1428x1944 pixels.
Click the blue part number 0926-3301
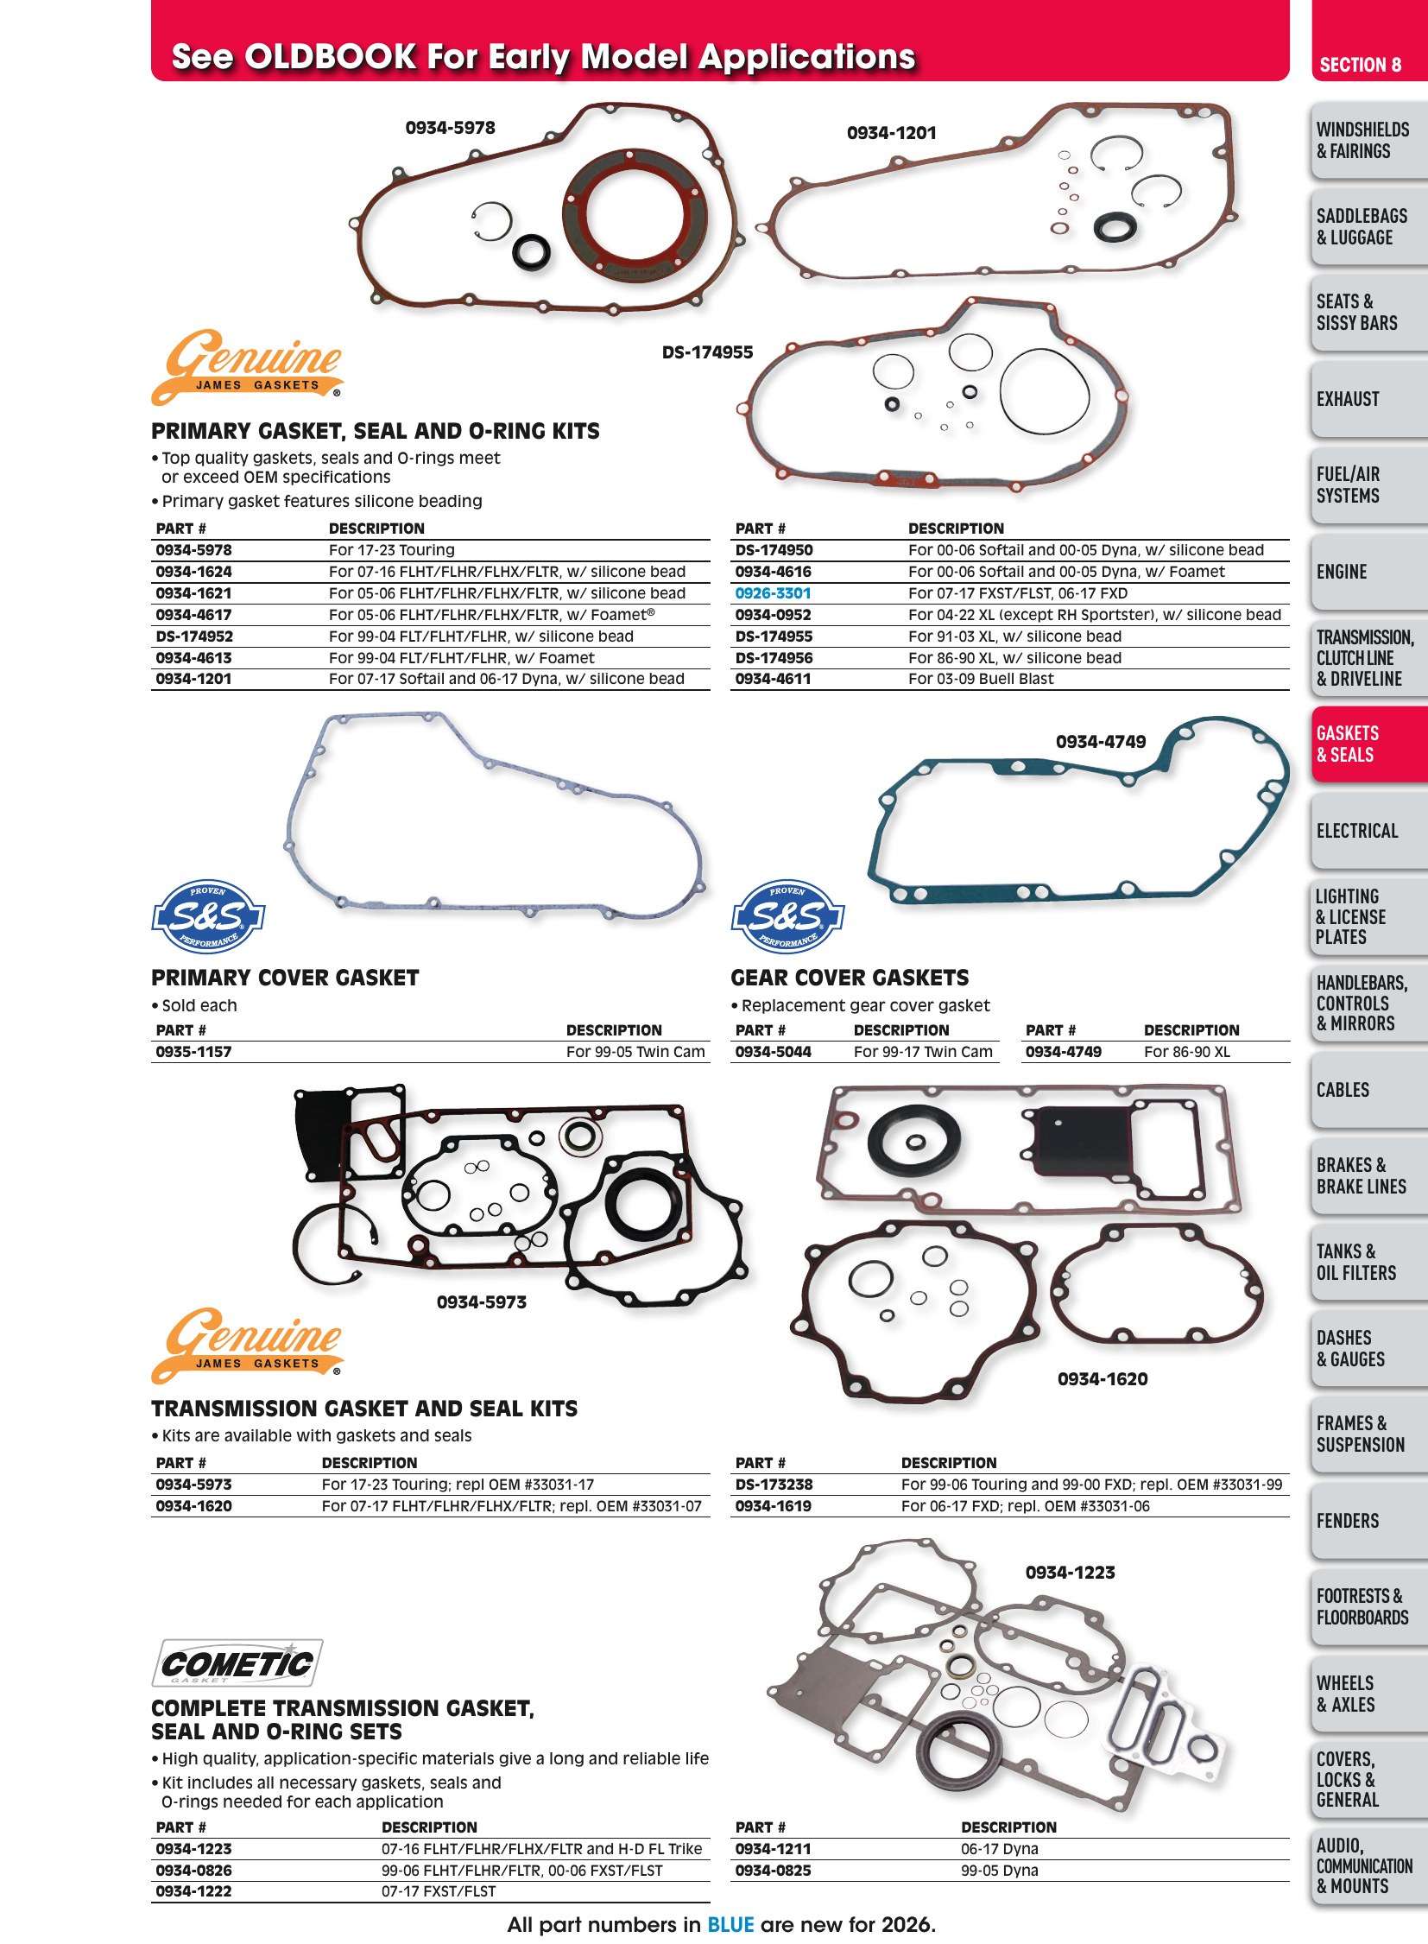tap(773, 593)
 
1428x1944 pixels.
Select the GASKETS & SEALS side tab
tap(1369, 744)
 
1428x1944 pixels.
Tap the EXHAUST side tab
tap(1369, 399)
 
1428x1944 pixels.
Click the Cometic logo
tap(237, 1662)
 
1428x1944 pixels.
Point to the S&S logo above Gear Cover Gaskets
tap(787, 916)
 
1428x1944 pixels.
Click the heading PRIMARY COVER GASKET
tap(285, 978)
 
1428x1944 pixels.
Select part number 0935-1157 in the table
tap(193, 1052)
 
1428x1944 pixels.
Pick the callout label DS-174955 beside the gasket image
tap(707, 352)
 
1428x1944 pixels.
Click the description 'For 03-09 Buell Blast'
tap(981, 679)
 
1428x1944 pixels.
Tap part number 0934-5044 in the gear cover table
tap(773, 1052)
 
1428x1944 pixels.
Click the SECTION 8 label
tap(1361, 65)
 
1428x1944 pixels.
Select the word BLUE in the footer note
tap(730, 1924)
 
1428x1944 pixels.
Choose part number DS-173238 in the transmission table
tap(774, 1484)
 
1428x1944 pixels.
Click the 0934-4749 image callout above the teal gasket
tap(1101, 741)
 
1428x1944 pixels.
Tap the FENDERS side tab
tap(1369, 1520)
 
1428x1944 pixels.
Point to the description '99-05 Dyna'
tap(999, 1870)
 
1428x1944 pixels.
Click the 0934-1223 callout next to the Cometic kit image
tap(1070, 1572)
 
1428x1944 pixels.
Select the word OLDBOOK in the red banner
tap(331, 57)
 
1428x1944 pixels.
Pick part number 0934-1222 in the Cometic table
tap(193, 1891)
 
